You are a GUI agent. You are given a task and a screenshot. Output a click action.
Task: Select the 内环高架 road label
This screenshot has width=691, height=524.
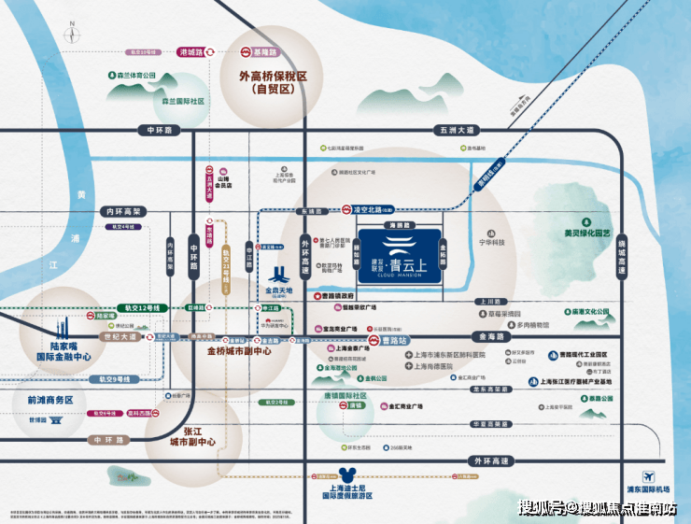point(123,212)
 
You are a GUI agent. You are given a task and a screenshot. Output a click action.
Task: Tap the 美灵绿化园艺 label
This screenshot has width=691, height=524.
point(586,233)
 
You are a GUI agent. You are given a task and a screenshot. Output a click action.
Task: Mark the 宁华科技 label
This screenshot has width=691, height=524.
point(491,242)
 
